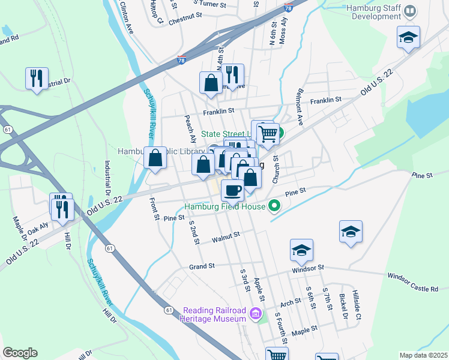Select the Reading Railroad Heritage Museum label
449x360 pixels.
(214, 314)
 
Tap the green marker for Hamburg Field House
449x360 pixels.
(274, 206)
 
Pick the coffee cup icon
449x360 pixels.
(232, 190)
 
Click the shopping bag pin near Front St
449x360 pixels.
(155, 158)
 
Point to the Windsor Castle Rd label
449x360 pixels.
(412, 282)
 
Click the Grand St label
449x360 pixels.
(202, 266)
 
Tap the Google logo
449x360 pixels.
(20, 353)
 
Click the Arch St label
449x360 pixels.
(290, 302)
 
